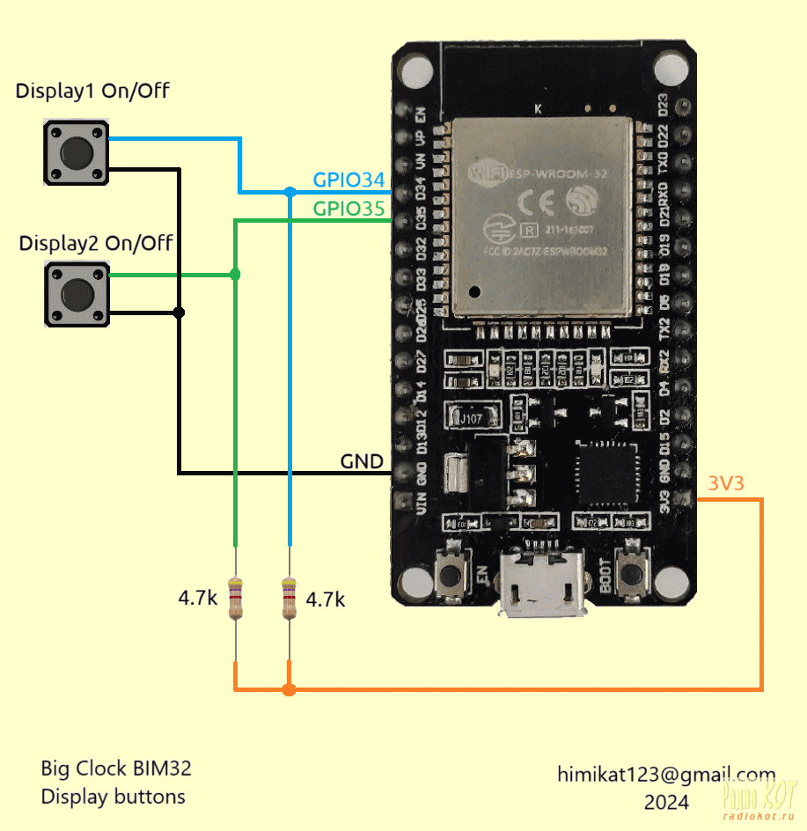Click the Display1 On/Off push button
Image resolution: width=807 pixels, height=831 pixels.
[76, 153]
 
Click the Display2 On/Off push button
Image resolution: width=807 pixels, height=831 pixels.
[77, 294]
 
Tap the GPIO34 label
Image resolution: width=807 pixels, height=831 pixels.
[349, 180]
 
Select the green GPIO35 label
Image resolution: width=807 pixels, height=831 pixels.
[349, 210]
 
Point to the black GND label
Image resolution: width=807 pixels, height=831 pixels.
[362, 461]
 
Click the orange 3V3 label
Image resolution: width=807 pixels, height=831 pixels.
[725, 483]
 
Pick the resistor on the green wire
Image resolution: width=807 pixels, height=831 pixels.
[235, 599]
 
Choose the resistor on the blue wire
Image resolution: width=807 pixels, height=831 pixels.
[290, 599]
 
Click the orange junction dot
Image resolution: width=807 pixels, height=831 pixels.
[290, 689]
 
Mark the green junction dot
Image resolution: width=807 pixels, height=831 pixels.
[235, 275]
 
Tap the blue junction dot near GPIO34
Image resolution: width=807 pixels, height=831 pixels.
[290, 191]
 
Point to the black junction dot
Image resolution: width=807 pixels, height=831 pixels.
[180, 313]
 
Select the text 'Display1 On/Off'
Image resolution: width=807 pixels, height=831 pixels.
[92, 91]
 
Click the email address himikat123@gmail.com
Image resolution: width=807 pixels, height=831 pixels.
[666, 775]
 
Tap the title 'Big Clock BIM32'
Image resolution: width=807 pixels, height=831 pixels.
[116, 768]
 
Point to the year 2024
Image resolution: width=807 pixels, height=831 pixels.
[666, 802]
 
